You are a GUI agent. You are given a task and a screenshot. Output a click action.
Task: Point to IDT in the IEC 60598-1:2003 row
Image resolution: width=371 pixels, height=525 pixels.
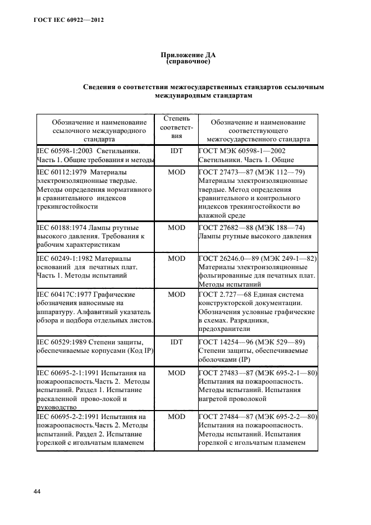(177, 151)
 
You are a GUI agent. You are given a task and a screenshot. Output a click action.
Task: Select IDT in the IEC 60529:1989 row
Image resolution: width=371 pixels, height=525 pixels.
(177, 342)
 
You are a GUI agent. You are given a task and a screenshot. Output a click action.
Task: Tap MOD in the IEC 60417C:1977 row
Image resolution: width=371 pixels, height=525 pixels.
(177, 294)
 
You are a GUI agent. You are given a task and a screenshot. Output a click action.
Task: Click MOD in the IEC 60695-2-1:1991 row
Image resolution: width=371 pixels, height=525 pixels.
(177, 373)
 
